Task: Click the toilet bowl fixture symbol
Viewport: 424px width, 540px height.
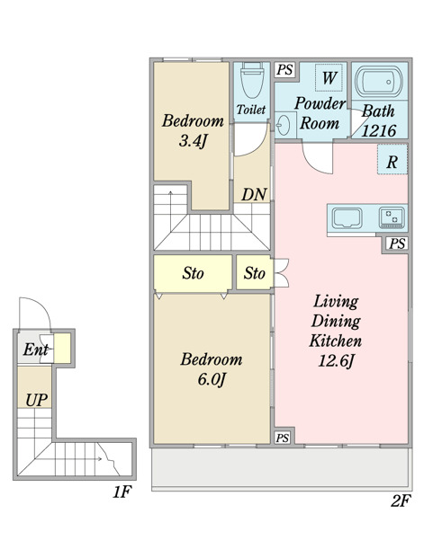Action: [252, 80]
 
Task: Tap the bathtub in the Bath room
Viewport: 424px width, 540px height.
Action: [379, 82]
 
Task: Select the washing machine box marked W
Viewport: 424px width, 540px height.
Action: [329, 77]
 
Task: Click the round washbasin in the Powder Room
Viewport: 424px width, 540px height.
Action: [284, 125]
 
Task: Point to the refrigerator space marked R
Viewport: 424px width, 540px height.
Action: [392, 159]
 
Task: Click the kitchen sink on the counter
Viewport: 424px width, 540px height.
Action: [347, 217]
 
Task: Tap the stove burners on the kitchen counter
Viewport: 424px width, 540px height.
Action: [392, 217]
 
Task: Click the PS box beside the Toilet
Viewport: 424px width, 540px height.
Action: [285, 70]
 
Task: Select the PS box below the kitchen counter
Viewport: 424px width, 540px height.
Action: [397, 243]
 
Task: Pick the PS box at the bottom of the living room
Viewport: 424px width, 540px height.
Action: [283, 438]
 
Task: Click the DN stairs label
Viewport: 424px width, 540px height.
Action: [254, 195]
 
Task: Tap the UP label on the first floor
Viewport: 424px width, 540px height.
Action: [36, 400]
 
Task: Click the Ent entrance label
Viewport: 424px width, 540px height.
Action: [35, 350]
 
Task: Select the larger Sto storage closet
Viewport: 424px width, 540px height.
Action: [193, 273]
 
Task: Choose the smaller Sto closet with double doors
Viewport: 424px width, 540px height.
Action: [255, 273]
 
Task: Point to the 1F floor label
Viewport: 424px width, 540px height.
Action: [122, 491]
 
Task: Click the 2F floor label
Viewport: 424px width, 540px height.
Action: [401, 500]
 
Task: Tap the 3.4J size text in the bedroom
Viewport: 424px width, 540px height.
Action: [194, 141]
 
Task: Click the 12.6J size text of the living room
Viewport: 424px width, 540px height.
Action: [336, 361]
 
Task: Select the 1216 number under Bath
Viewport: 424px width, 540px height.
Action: [379, 131]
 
